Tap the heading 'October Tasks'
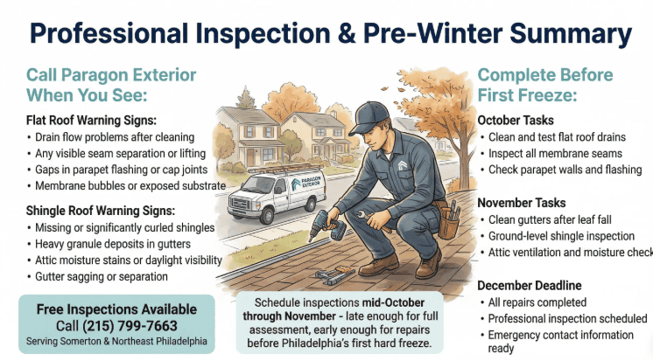click(516, 120)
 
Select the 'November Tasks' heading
click(522, 203)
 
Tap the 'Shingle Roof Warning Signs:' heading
click(101, 211)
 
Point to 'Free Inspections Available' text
click(116, 309)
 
